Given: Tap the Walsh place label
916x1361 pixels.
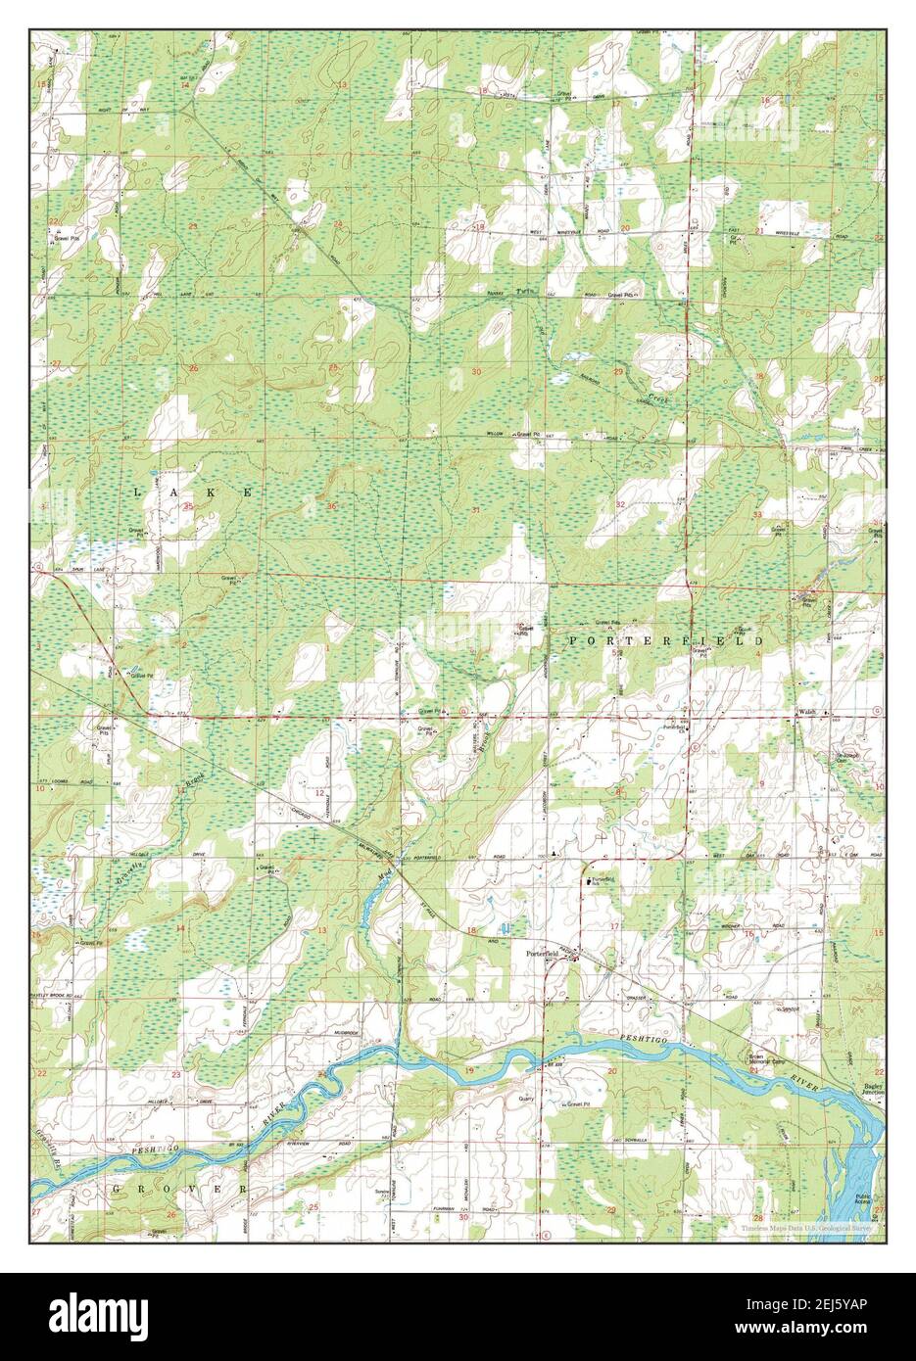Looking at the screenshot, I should click(808, 713).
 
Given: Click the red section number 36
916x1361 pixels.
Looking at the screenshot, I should click(333, 506).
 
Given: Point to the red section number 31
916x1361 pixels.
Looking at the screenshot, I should click(476, 511).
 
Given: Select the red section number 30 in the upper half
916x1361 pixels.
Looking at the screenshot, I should click(477, 372).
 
